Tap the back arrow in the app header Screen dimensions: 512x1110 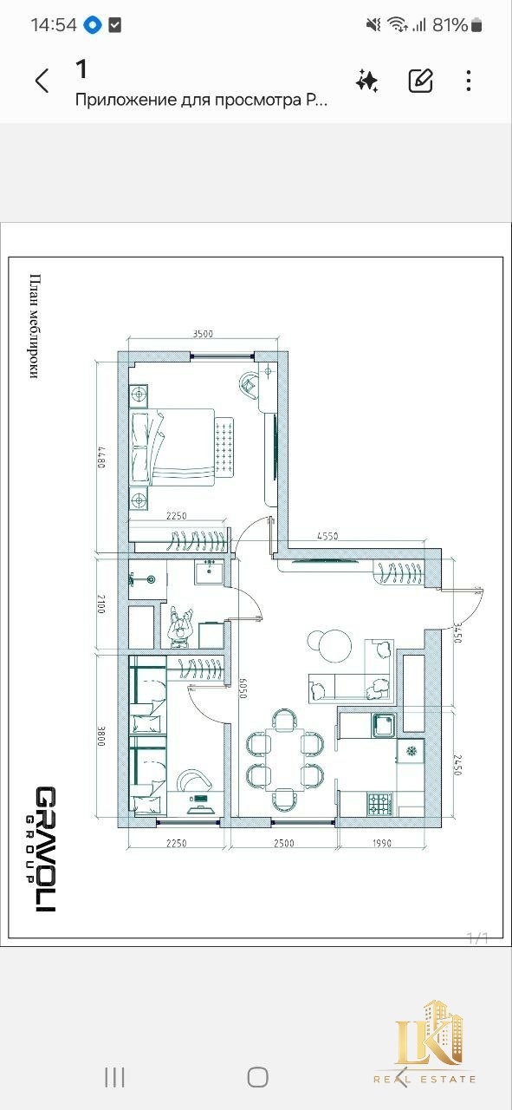click(x=42, y=81)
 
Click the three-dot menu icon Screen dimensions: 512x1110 click(x=469, y=81)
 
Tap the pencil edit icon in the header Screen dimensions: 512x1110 click(x=421, y=81)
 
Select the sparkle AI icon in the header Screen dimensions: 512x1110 click(x=367, y=81)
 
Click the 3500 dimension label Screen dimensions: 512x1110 click(x=203, y=334)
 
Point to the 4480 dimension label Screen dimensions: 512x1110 click(x=101, y=458)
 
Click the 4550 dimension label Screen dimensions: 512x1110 click(x=327, y=536)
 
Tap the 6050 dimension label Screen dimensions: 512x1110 click(x=242, y=689)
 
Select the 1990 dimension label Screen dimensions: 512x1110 click(x=382, y=843)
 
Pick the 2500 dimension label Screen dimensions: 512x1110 click(x=284, y=843)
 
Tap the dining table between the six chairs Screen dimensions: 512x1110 click(x=285, y=759)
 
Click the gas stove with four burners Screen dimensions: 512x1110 click(x=379, y=804)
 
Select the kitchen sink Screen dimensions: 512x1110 click(x=384, y=726)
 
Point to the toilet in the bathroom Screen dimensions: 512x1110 click(x=143, y=578)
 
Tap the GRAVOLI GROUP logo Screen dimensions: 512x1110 click(x=44, y=849)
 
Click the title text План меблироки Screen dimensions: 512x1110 click(x=34, y=327)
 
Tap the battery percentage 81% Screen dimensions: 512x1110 click(x=450, y=24)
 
